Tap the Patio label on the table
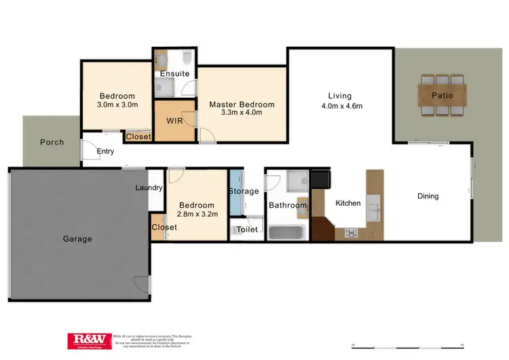442,95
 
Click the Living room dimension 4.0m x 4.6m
342,106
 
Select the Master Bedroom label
242,104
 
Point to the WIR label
174,121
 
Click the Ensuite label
174,73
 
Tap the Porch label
52,142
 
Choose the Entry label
105,151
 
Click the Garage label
77,238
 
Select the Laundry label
149,188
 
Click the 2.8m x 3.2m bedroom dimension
197,214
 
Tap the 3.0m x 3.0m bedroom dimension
117,105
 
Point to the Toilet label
246,230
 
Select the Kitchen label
348,202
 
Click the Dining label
428,196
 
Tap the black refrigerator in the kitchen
320,179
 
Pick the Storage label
243,192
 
